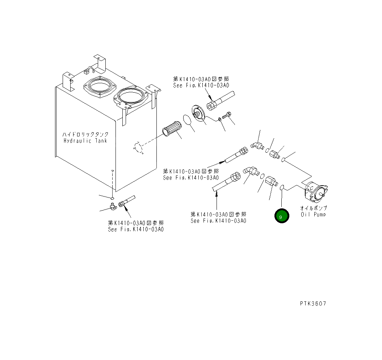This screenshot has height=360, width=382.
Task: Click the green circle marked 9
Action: [282, 216]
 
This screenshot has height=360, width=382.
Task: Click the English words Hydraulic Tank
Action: [85, 141]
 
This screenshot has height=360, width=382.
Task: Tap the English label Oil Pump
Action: [313, 214]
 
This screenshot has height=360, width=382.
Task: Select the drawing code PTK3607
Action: [313, 304]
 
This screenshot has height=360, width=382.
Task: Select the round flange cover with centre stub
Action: [198, 114]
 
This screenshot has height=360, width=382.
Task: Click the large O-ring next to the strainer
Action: [188, 120]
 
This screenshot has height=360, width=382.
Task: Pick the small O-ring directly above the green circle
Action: [282, 187]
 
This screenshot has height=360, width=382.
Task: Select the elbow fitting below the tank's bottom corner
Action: [113, 207]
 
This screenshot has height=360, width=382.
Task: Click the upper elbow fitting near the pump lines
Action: [257, 145]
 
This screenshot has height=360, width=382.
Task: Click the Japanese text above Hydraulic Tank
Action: [85, 134]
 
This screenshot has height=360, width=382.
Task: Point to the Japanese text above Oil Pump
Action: [313, 208]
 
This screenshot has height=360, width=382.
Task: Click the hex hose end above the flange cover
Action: [211, 105]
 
